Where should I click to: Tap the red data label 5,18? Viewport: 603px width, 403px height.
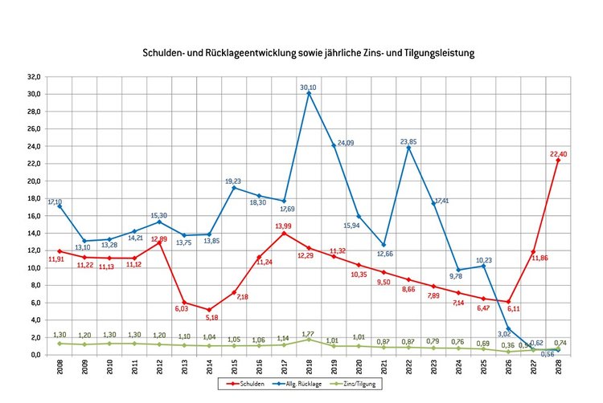point(211,318)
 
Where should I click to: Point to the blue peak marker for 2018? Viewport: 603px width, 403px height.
point(310,93)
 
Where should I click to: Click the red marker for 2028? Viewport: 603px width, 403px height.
point(558,160)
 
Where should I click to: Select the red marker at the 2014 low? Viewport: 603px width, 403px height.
point(210,310)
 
